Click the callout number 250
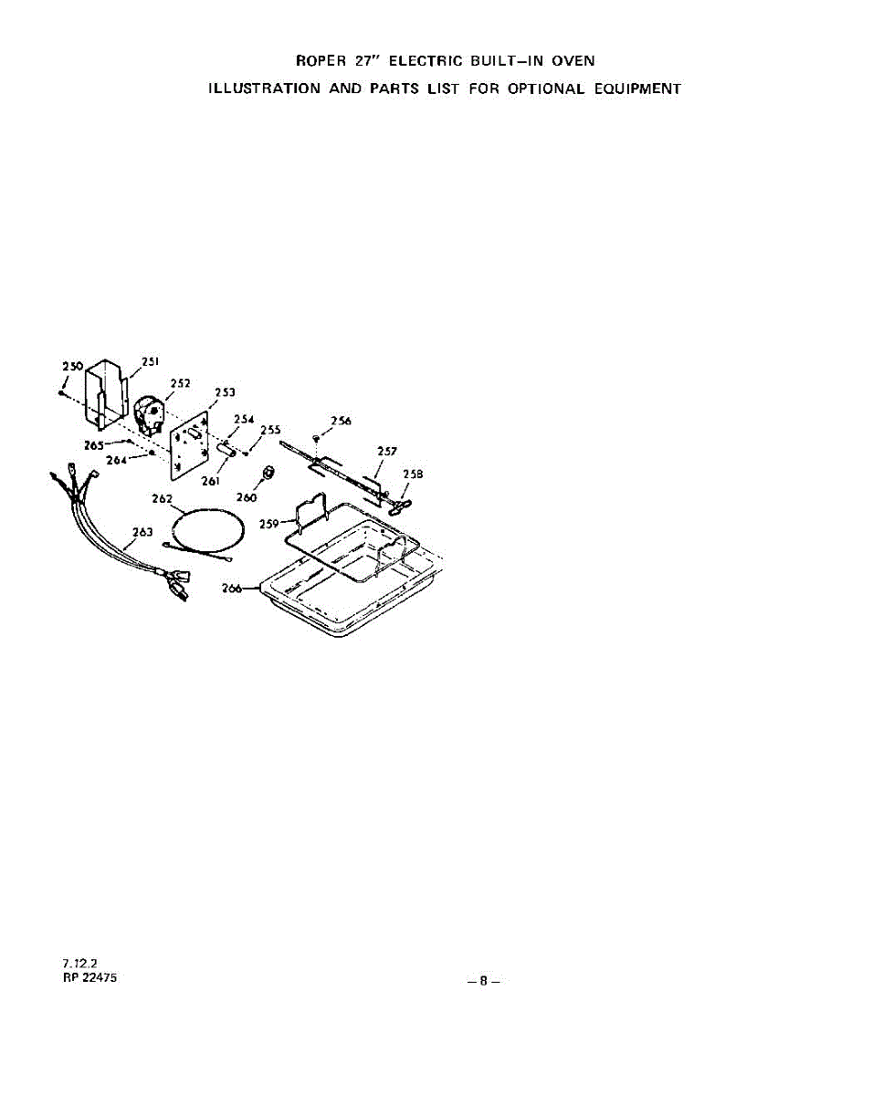[x=72, y=366]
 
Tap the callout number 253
[x=226, y=392]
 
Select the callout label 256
[x=341, y=421]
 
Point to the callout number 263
[x=142, y=532]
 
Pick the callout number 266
[x=234, y=589]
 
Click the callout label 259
[x=268, y=524]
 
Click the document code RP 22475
[x=89, y=977]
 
